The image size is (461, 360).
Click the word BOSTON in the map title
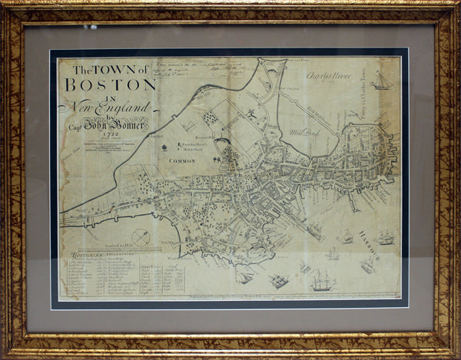click(114, 85)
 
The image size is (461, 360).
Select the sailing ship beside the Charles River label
click(382, 81)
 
